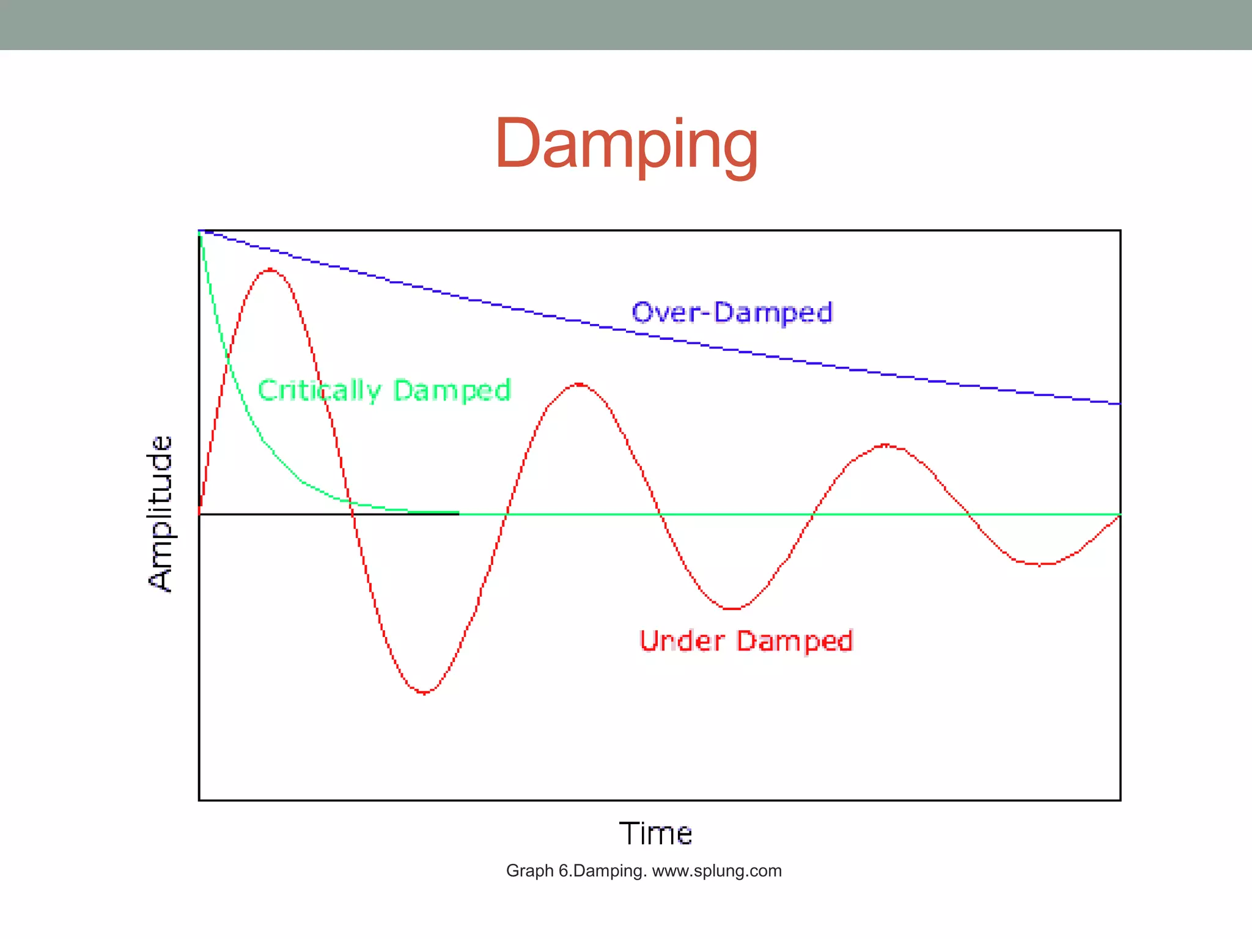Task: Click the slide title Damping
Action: click(626, 145)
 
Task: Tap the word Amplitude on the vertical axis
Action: click(161, 514)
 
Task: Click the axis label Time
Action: click(655, 834)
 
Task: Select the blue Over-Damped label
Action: click(732, 312)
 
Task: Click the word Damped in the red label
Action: click(794, 641)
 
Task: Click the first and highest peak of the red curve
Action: click(270, 270)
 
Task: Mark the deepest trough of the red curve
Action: click(424, 693)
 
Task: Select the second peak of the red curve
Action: click(579, 385)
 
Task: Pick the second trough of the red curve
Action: click(732, 609)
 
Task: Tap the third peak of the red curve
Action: click(885, 446)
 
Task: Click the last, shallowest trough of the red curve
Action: click(1039, 564)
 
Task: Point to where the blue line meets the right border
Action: click(1119, 404)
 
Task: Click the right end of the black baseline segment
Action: click(458, 514)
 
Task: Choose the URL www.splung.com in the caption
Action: click(716, 871)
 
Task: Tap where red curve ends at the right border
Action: click(1119, 515)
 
